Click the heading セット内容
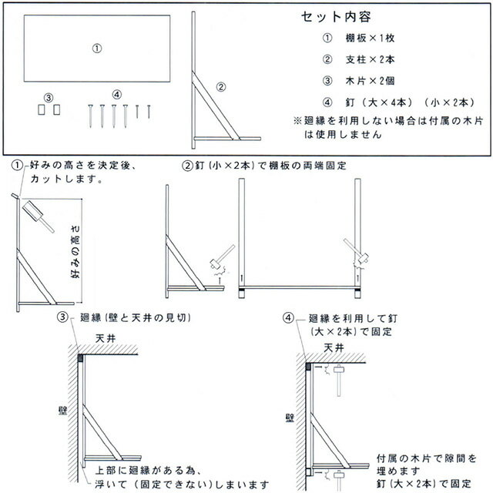[336, 17]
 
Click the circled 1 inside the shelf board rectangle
[97, 49]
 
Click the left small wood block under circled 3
[41, 109]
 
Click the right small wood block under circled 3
[57, 109]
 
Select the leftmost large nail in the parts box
[91, 116]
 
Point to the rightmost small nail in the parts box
[149, 112]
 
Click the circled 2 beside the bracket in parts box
[221, 87]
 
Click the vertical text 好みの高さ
[75, 252]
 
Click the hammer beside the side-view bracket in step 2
[222, 257]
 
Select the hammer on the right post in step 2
[356, 251]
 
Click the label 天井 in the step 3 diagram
[106, 339]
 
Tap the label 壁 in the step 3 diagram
[63, 411]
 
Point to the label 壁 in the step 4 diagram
[290, 418]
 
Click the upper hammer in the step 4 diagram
[339, 380]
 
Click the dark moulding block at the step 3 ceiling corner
[80, 357]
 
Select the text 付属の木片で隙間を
[427, 458]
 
